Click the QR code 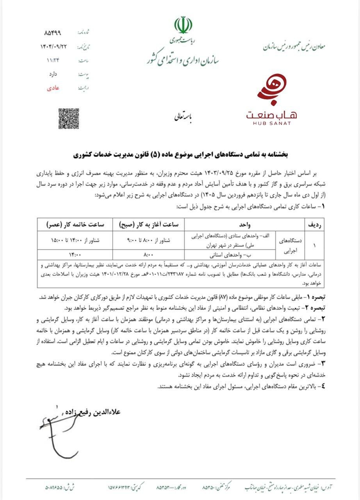click(69, 119)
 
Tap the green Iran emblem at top click(183, 26)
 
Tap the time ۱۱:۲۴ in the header click(53, 60)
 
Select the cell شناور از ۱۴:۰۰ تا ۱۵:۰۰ click(74, 240)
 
